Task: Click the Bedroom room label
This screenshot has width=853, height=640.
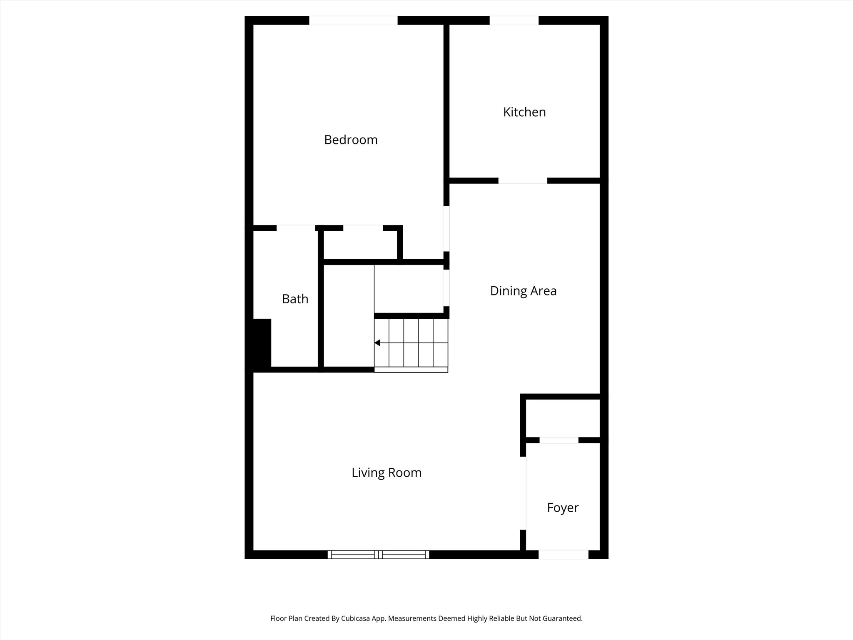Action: pyautogui.click(x=351, y=140)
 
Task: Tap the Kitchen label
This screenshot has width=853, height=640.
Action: pyautogui.click(x=524, y=112)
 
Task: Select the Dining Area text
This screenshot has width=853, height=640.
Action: pyautogui.click(x=523, y=291)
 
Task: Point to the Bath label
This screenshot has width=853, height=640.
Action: pyautogui.click(x=295, y=299)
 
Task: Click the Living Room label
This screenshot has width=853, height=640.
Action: pyautogui.click(x=387, y=472)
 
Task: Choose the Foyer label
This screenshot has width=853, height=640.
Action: pyautogui.click(x=563, y=507)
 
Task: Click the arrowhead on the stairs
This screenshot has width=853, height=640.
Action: pyautogui.click(x=377, y=343)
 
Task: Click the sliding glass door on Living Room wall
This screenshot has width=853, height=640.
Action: pyautogui.click(x=378, y=555)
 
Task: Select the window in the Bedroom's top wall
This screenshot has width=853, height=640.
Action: pyautogui.click(x=353, y=20)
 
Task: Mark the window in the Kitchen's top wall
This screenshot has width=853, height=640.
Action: pyautogui.click(x=514, y=20)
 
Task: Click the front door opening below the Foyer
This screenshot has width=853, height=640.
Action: pyautogui.click(x=563, y=555)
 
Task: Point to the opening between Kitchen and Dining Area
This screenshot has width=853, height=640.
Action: pyautogui.click(x=523, y=181)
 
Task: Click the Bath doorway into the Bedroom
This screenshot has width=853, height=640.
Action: pyautogui.click(x=296, y=228)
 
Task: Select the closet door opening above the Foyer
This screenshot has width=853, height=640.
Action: pyautogui.click(x=559, y=440)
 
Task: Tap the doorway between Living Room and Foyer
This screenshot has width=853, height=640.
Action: pyautogui.click(x=523, y=493)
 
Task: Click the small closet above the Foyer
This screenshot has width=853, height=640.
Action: pyautogui.click(x=563, y=418)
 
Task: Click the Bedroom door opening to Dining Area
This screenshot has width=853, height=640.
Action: pyautogui.click(x=446, y=228)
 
